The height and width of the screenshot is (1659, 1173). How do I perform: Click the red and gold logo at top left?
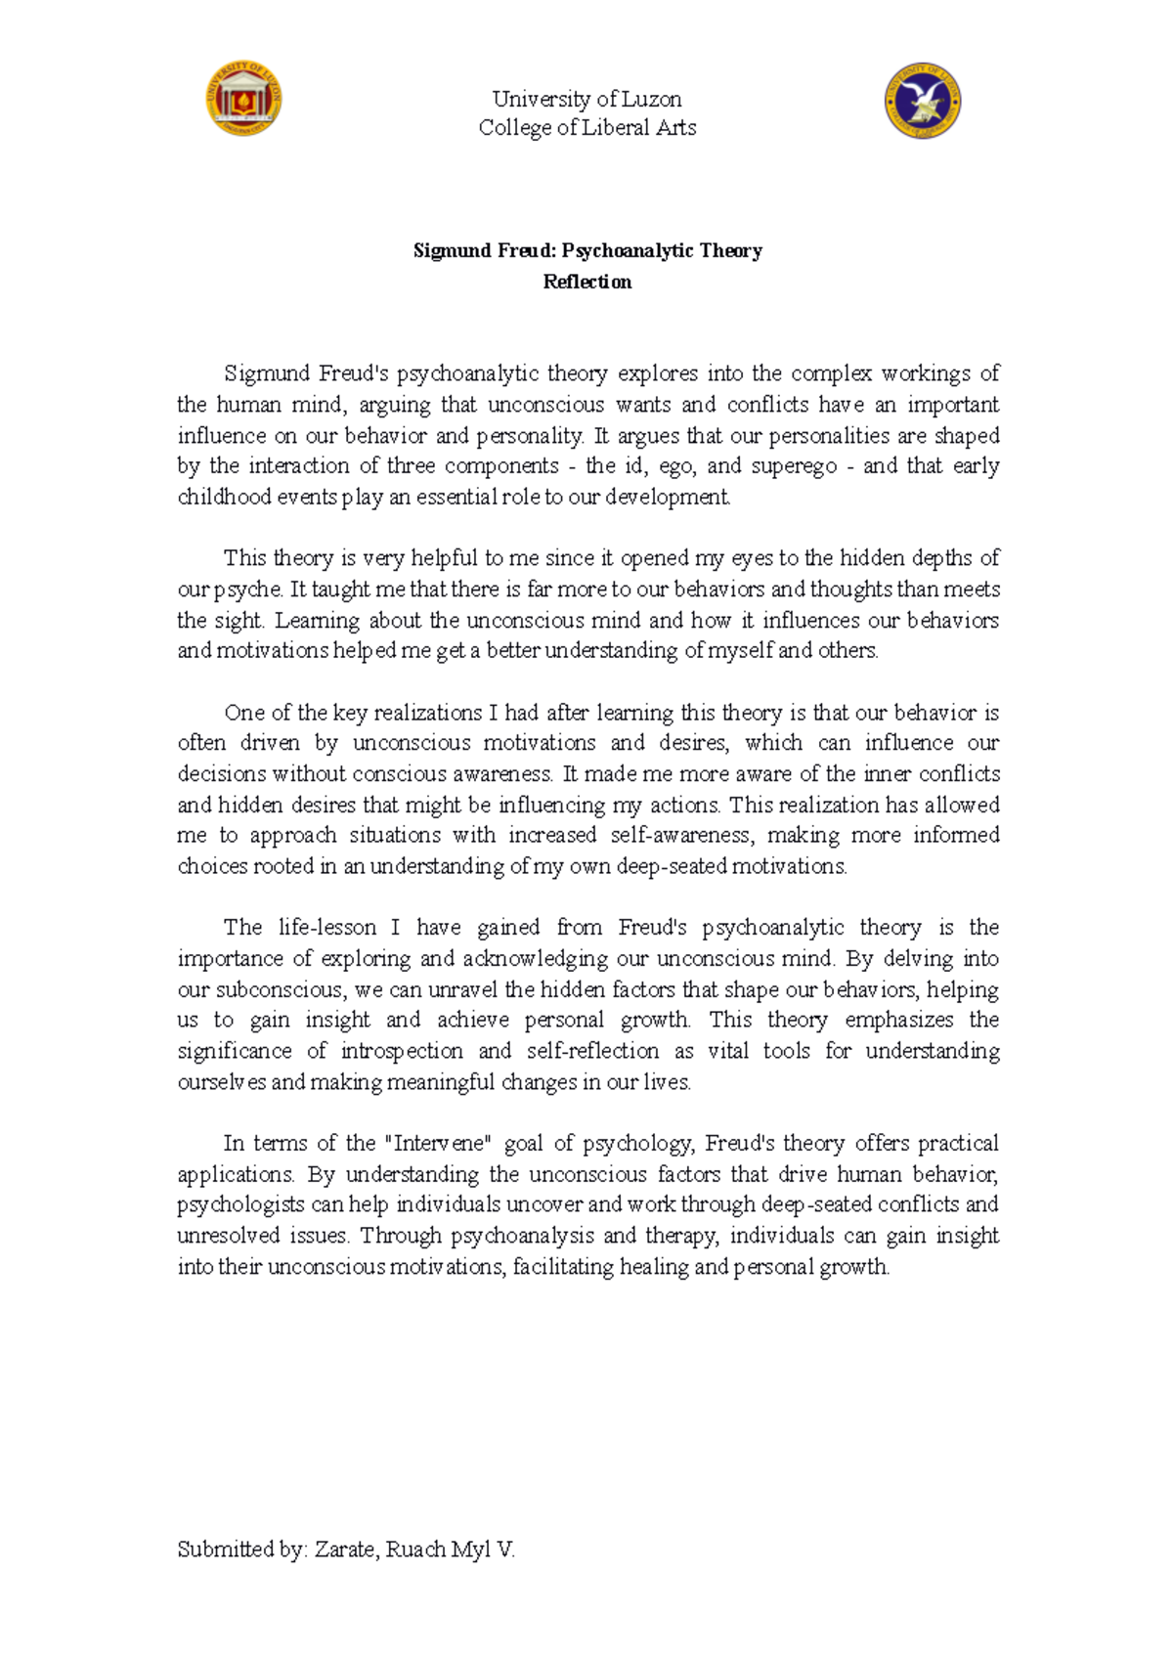243,97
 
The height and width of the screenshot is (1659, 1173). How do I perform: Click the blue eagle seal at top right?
923,102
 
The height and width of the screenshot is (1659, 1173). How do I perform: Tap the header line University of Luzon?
586,99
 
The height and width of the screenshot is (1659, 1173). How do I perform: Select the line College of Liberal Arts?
586,127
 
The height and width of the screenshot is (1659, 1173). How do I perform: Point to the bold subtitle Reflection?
586,282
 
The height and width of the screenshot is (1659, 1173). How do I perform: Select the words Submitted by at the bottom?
240,1550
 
